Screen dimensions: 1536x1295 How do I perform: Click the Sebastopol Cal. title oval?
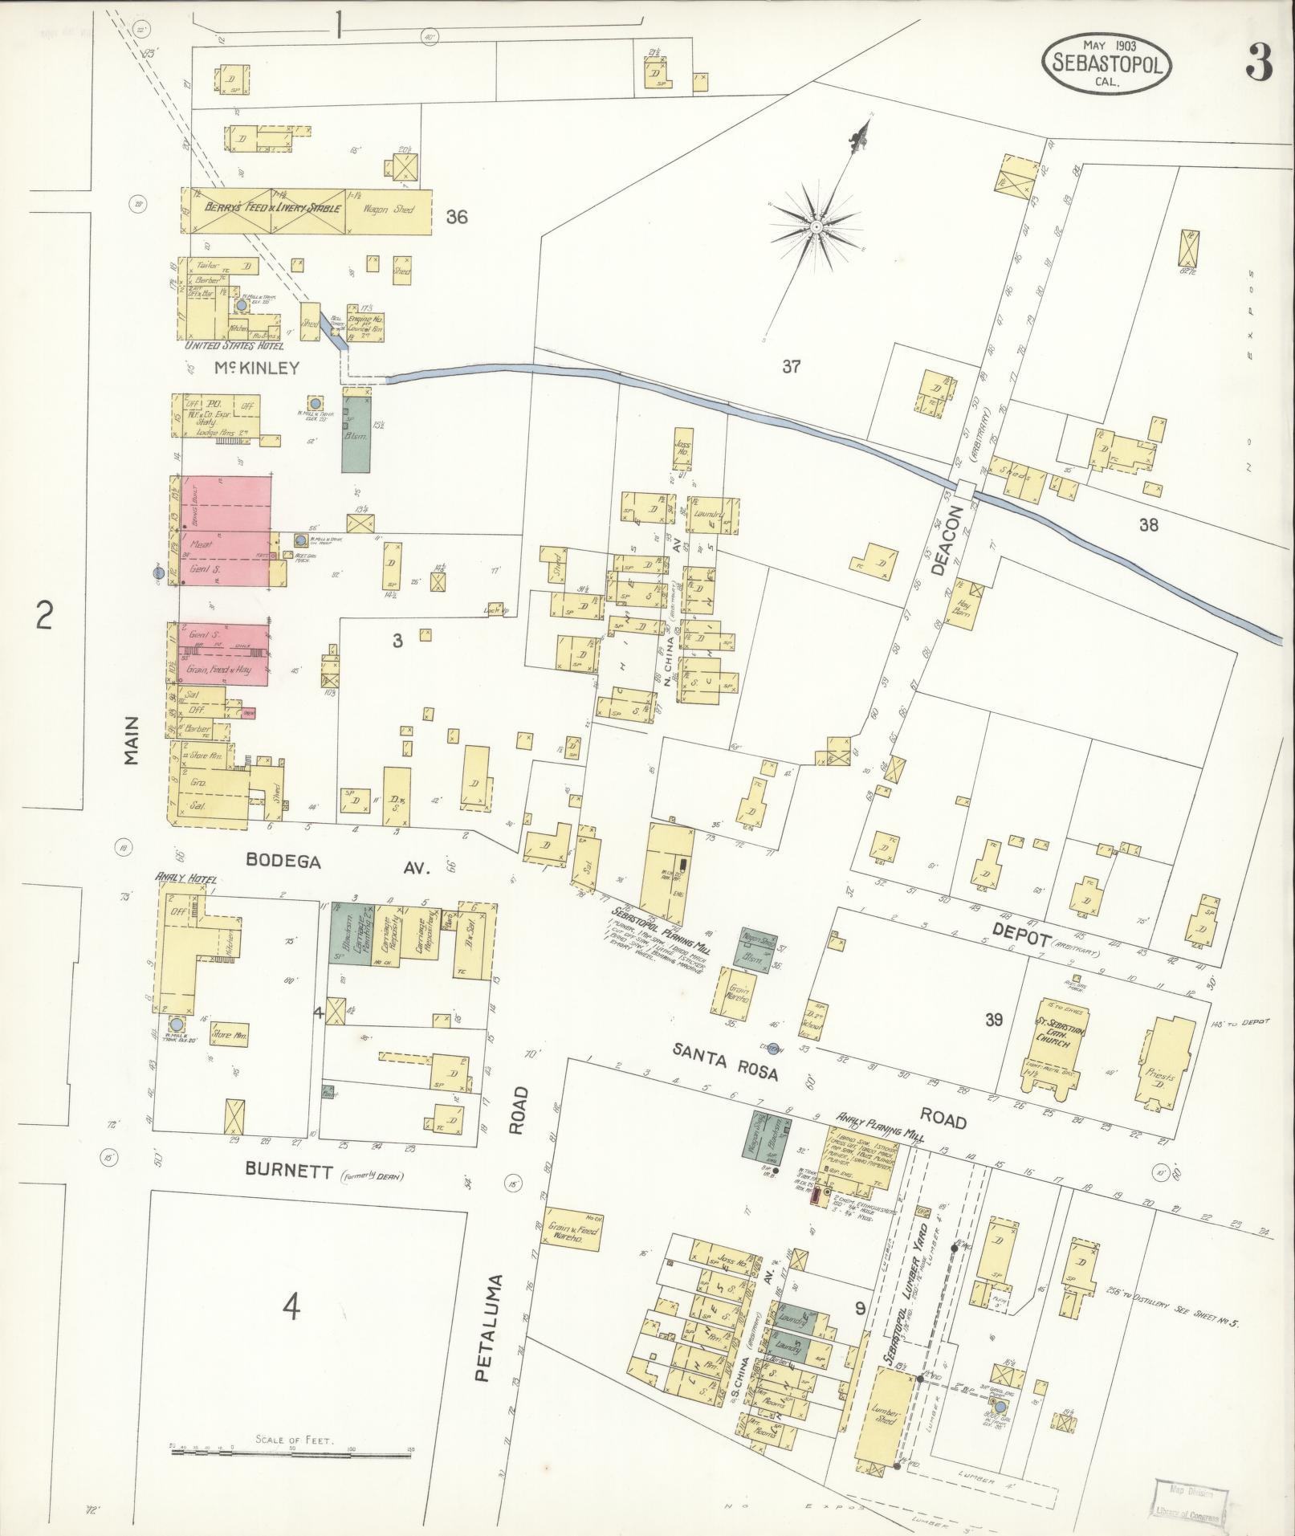(x=1107, y=64)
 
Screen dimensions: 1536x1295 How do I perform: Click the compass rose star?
(x=816, y=227)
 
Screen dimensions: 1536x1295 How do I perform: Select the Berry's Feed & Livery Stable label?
(x=273, y=208)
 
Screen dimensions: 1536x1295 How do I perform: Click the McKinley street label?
(x=256, y=369)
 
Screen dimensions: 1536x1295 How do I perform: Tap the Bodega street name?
(x=283, y=862)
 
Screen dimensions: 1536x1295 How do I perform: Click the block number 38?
(x=1149, y=525)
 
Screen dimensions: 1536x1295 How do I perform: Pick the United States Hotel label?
(x=230, y=345)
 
